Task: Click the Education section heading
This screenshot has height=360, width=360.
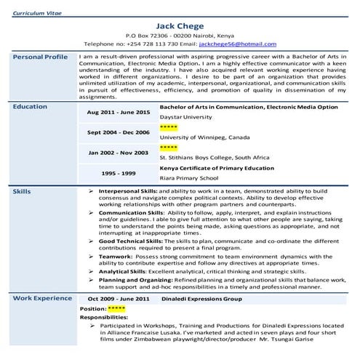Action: click(30, 107)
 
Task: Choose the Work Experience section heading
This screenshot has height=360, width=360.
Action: click(42, 298)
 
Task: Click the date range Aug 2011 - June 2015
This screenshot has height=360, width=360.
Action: click(119, 113)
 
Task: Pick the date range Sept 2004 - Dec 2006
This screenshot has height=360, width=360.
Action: click(119, 132)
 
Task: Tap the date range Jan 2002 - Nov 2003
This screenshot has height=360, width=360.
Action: click(119, 153)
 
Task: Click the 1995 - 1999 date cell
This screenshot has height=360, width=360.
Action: click(119, 173)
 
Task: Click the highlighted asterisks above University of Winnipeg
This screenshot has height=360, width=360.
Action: click(169, 127)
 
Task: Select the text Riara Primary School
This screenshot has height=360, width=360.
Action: click(189, 177)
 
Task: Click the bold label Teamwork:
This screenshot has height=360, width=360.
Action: click(116, 256)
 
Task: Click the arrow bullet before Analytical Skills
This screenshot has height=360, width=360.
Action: click(90, 270)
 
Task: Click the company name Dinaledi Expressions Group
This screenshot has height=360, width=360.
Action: click(201, 298)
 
